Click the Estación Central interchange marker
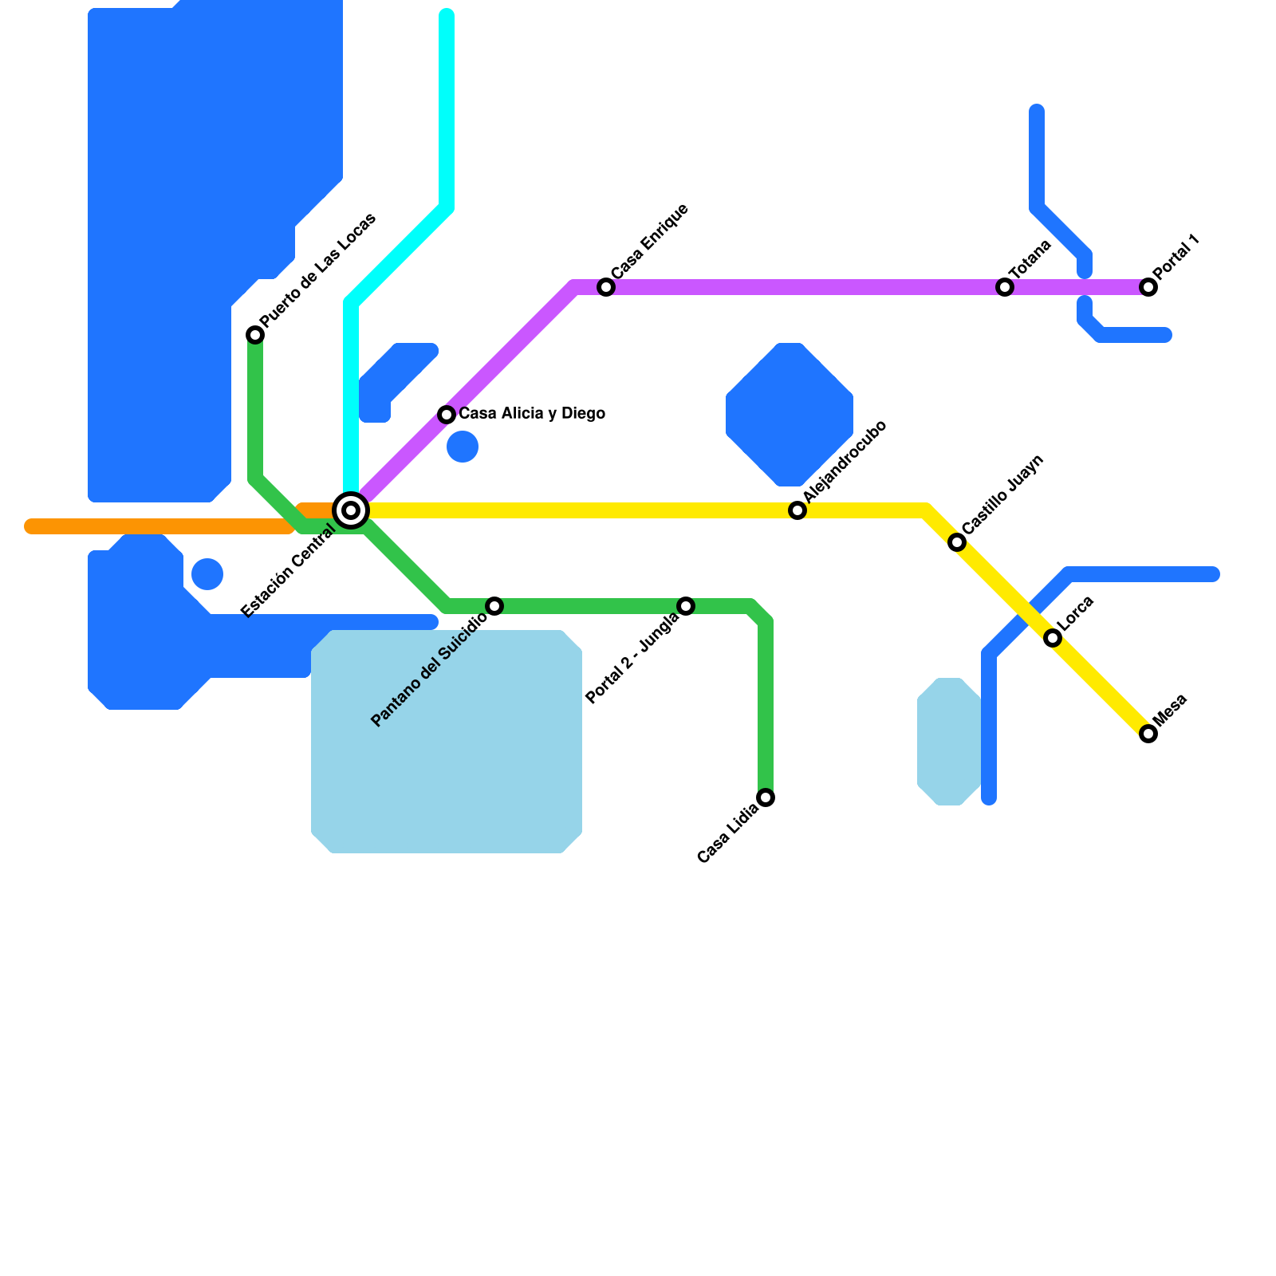351,510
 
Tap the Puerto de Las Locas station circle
255,335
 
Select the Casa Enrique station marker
606,287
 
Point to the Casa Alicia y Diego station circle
447,415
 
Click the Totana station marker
1005,287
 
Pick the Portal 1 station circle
1148,287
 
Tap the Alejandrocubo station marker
797,510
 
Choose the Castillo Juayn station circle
957,542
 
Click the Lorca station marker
1053,638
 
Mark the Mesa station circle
1148,734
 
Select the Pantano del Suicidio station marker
494,606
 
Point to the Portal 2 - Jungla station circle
686,606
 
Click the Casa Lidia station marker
766,797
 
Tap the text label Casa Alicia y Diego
532,414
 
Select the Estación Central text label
288,572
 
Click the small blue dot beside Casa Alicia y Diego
463,447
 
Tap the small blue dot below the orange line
207,574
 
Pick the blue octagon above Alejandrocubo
790,415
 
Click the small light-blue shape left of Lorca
949,742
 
